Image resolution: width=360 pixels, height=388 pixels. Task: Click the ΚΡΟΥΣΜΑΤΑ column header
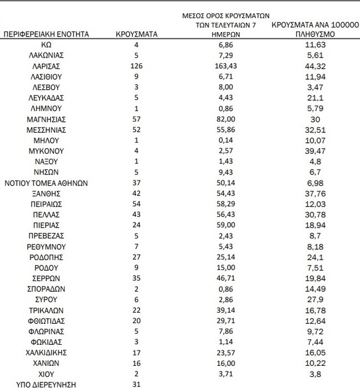(137, 34)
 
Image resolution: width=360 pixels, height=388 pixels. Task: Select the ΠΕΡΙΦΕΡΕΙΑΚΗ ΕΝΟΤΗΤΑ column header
(47, 34)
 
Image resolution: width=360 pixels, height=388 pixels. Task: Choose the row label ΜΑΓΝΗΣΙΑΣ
(47, 119)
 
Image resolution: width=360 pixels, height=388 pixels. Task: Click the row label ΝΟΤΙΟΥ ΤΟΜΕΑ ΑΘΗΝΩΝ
(47, 183)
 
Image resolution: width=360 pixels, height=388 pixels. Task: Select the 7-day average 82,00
(229, 119)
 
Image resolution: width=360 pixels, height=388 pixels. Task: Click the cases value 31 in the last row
(137, 384)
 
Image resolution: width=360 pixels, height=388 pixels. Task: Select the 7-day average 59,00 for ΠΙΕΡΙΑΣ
(229, 225)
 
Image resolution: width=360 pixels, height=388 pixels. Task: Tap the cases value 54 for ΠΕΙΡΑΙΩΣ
(137, 204)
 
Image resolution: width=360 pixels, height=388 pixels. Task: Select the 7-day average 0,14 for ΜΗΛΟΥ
(229, 140)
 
